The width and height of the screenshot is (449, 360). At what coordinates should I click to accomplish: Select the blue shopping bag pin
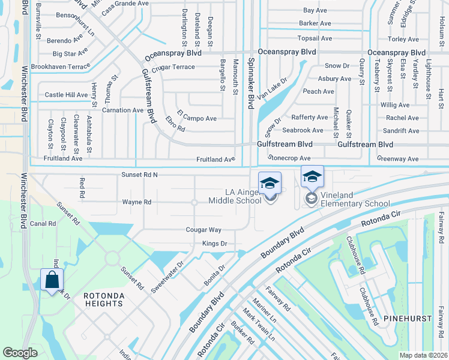click(x=52, y=280)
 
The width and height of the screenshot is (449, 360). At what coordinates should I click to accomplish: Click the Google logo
click(x=20, y=353)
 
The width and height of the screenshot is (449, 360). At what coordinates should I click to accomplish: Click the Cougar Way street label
click(x=203, y=230)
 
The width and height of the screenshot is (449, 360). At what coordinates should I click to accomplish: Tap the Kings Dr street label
click(x=214, y=244)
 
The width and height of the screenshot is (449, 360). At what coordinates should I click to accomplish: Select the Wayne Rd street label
click(x=136, y=202)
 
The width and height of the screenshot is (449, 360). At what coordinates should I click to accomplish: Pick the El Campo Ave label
click(x=196, y=119)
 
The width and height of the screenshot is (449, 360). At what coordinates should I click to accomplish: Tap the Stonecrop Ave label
click(x=289, y=158)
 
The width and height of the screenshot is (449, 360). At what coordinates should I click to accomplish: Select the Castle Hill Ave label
click(x=67, y=95)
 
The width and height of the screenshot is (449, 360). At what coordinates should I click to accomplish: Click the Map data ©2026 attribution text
click(x=423, y=355)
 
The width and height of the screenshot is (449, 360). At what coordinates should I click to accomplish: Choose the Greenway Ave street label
click(x=397, y=159)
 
